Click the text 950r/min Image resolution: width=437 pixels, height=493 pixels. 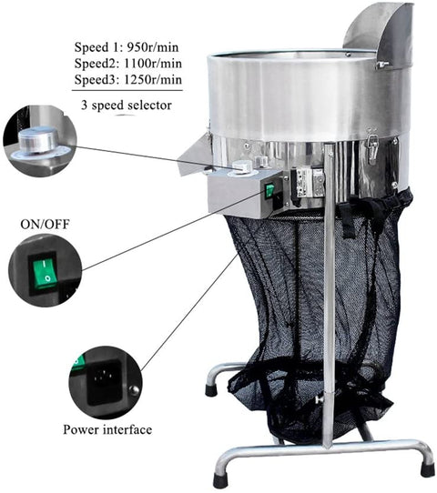[x=153, y=47]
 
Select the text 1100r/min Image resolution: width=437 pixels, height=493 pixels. [x=153, y=64]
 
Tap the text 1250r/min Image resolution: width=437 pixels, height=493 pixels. [x=153, y=79]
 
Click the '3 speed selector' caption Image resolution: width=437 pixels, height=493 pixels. [x=127, y=105]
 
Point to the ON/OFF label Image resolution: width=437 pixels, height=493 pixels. [x=45, y=224]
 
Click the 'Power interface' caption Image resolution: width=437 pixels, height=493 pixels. [x=107, y=429]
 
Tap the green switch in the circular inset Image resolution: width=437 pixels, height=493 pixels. [x=44, y=271]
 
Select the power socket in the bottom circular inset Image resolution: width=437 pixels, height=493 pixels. [x=105, y=382]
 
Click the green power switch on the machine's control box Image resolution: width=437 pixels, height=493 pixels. [x=269, y=190]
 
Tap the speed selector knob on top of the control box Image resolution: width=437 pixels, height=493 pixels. [x=242, y=166]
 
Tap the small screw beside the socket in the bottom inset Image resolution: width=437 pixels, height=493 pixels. [x=134, y=390]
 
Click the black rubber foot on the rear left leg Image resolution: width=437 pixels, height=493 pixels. [x=210, y=389]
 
